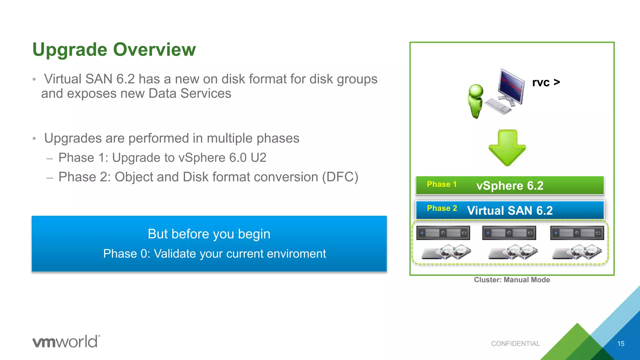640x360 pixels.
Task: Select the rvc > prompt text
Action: click(x=546, y=82)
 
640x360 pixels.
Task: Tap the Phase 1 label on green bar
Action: click(x=442, y=184)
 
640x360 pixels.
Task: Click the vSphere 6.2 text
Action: click(x=510, y=186)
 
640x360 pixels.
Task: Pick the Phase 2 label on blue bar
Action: click(x=442, y=208)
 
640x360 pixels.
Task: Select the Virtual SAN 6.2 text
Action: click(x=510, y=211)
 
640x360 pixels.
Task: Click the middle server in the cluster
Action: click(x=509, y=233)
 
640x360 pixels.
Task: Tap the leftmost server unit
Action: click(x=443, y=233)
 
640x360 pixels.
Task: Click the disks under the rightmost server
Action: click(x=577, y=252)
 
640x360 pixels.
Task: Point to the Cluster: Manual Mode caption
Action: click(x=512, y=280)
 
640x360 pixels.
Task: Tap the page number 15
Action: click(x=621, y=344)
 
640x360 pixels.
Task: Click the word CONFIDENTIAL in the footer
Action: click(x=515, y=344)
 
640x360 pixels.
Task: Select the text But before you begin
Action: click(x=209, y=234)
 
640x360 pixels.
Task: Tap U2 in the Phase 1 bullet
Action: click(x=258, y=158)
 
